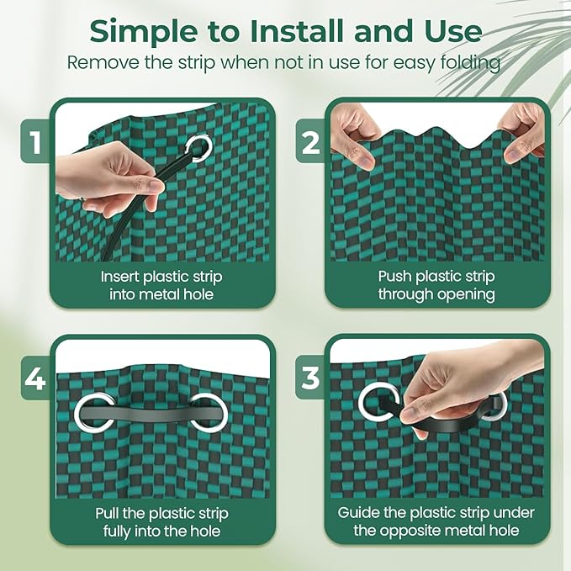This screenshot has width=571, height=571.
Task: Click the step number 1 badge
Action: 34,143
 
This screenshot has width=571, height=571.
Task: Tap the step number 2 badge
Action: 309,143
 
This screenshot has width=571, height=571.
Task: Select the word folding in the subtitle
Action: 470,62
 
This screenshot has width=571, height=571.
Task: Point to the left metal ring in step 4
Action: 90,410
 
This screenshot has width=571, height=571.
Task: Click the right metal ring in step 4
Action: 206,410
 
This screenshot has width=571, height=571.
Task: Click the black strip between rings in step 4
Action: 148,412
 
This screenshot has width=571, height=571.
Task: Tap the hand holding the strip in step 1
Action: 105,182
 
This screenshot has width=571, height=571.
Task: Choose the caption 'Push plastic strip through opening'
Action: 436,285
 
